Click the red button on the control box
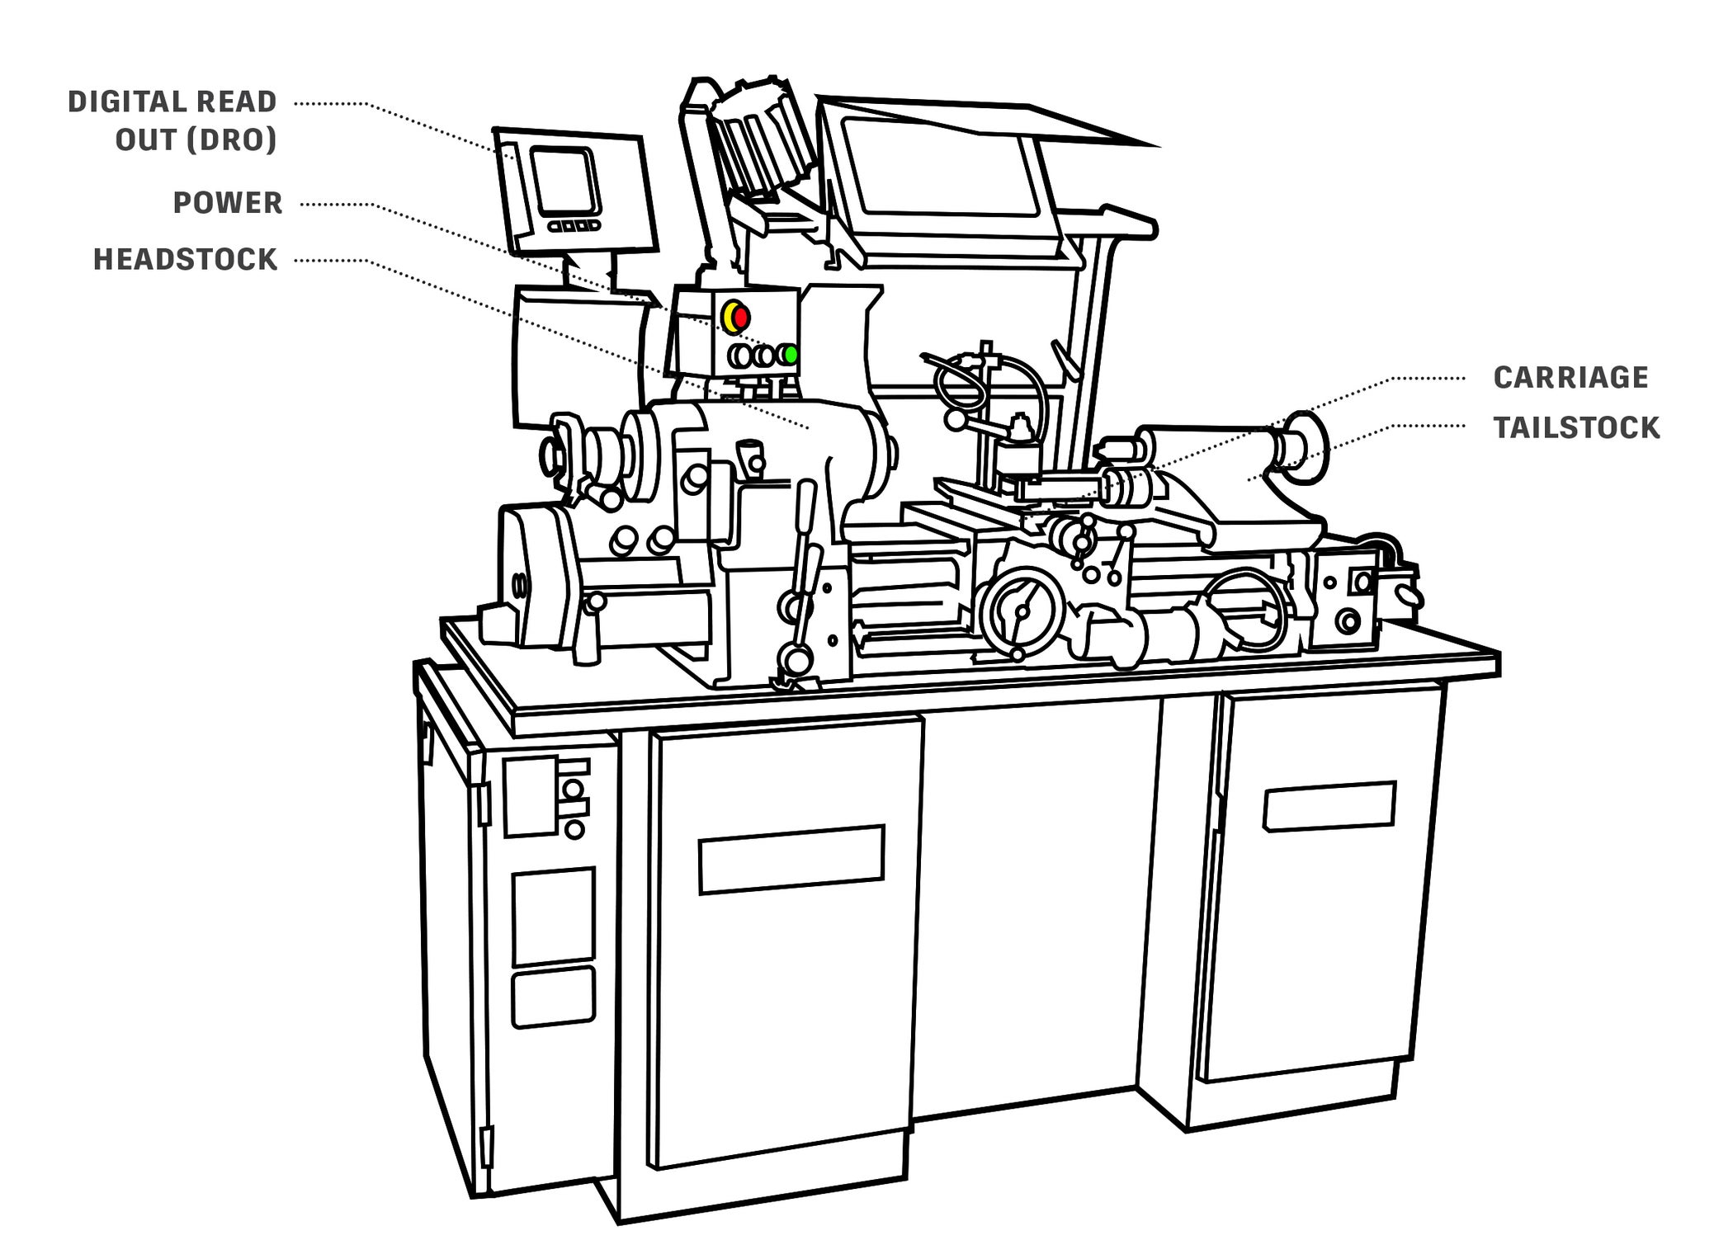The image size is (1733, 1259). pos(740,317)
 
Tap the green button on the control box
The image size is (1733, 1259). pos(791,355)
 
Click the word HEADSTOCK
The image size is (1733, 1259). pos(186,260)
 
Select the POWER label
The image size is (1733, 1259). pos(228,203)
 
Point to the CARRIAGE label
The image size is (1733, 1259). pos(1570,378)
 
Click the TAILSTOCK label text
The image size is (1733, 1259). pos(1576,428)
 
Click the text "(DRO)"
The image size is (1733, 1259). pos(232,140)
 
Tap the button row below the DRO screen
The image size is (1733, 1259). pos(574,225)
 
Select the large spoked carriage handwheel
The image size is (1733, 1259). pos(1020,611)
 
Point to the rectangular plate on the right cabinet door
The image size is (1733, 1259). pos(1328,806)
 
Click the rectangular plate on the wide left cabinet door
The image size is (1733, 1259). pos(791,859)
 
